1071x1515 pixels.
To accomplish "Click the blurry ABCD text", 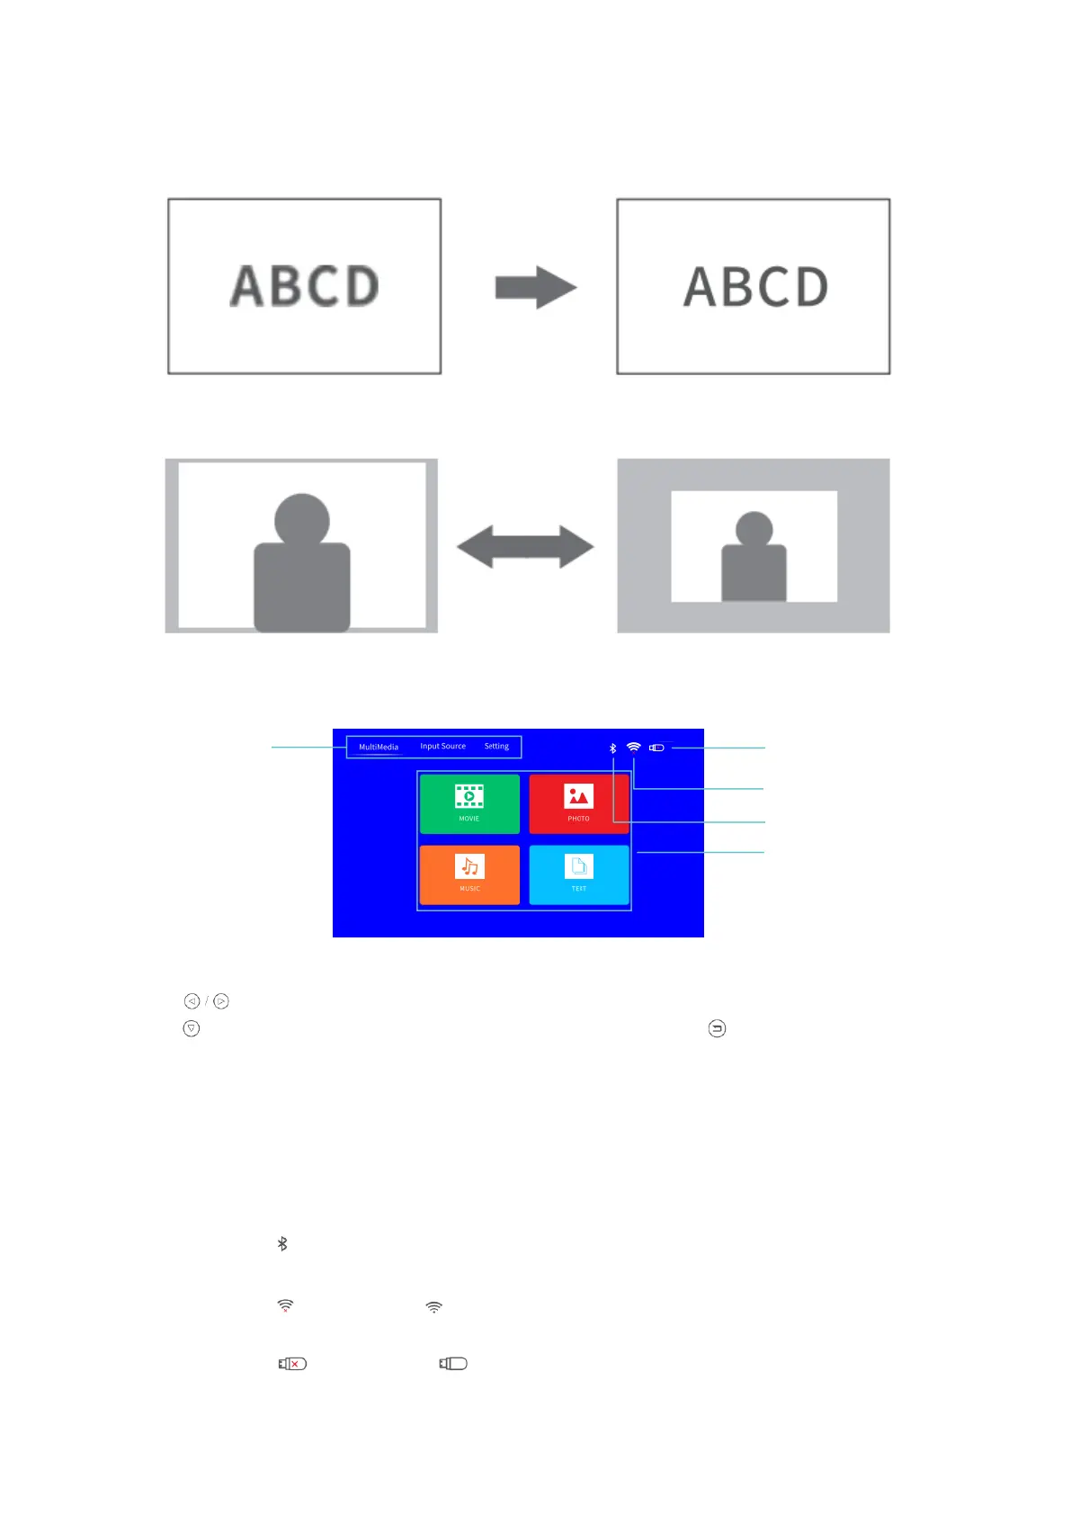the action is [304, 286].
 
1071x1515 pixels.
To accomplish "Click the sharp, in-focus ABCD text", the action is [755, 287].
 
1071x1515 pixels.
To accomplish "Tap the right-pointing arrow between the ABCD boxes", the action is [535, 288].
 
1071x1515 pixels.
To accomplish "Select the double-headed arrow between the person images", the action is [525, 547].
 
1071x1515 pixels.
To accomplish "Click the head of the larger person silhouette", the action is [302, 520].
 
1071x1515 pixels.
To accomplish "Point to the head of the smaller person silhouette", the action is [754, 529].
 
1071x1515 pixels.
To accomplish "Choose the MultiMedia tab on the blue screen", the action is [379, 747].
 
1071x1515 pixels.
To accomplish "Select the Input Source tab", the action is [442, 746].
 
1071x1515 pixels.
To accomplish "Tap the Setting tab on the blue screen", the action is [496, 746].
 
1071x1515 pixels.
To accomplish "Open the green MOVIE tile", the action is [469, 803].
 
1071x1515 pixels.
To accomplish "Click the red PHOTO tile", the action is [578, 803].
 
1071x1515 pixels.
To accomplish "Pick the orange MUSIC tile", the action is [469, 874].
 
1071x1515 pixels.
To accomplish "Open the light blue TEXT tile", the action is [578, 874].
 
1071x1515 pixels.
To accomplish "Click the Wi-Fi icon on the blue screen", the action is [633, 747].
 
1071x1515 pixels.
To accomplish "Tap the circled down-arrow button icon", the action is [191, 1028].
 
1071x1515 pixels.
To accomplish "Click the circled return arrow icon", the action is [717, 1028].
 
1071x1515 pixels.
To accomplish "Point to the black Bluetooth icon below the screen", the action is [282, 1243].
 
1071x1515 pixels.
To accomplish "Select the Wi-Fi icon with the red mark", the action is [285, 1305].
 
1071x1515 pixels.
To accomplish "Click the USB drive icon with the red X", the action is [292, 1364].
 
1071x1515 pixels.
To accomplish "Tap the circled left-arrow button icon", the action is [192, 1001].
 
